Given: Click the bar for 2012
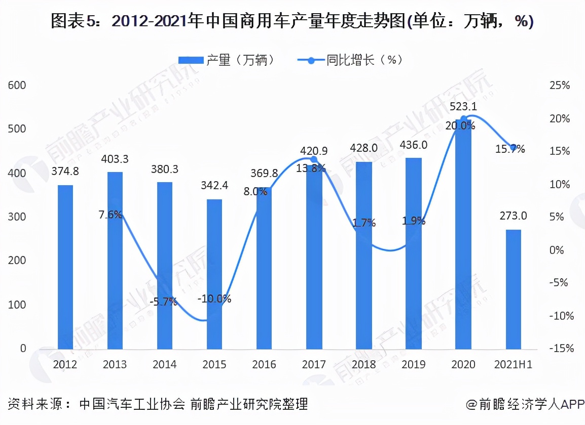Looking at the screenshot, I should click(65, 267).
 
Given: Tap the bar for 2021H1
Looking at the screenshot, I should click(513, 289).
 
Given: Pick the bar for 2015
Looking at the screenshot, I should click(214, 274).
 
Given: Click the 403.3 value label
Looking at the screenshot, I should click(115, 159).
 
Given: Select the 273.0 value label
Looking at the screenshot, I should click(513, 217).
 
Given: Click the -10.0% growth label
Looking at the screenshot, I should click(214, 299).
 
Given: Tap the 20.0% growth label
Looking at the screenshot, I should click(460, 125).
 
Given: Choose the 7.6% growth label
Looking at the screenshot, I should click(110, 215).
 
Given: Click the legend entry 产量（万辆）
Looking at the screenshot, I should click(227, 60).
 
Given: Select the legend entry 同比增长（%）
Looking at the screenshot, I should click(349, 60).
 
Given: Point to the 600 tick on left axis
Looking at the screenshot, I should click(17, 86).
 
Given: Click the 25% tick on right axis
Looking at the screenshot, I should click(559, 86).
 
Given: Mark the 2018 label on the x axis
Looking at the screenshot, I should click(363, 364).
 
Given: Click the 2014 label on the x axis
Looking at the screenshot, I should click(164, 364).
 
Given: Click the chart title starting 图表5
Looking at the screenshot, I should click(292, 21).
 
